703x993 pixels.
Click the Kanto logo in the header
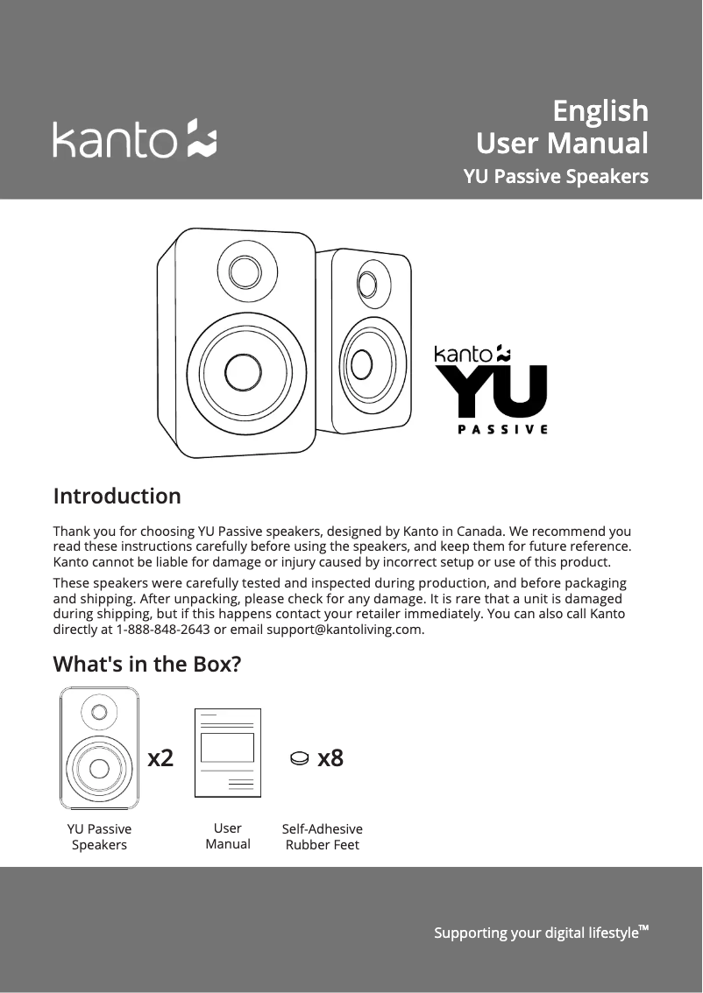tap(135, 139)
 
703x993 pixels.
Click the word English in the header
tap(600, 111)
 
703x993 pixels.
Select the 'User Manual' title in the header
tap(561, 143)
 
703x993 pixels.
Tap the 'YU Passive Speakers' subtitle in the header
tap(555, 177)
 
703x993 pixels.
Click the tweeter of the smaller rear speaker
tap(367, 284)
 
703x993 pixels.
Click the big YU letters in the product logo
tap(492, 391)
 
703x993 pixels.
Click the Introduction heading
tap(117, 496)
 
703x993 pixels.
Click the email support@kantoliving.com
tap(345, 630)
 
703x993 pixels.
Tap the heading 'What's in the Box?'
tap(147, 665)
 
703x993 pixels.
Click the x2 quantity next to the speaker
tap(160, 758)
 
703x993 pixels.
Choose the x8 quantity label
tap(330, 758)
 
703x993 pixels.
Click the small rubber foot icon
tap(299, 759)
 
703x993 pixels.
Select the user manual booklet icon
tap(228, 752)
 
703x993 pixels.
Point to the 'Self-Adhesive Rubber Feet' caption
tap(322, 837)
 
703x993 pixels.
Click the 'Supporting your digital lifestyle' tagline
tap(540, 933)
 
